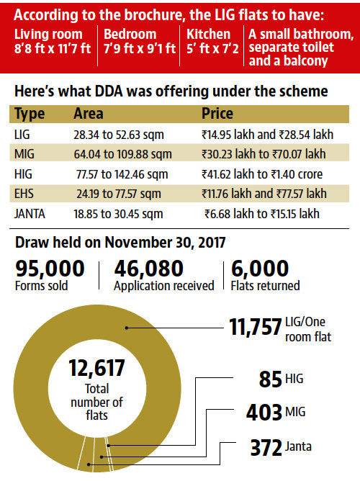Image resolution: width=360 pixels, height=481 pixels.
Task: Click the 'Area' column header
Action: click(89, 114)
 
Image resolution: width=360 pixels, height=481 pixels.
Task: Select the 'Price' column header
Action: click(217, 114)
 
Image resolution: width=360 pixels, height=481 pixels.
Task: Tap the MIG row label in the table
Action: click(24, 154)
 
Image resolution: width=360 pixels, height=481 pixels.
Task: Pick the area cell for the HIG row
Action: click(122, 174)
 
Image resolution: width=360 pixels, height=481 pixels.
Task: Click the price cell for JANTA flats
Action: click(262, 214)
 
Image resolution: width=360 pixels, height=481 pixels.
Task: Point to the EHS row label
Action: click(24, 194)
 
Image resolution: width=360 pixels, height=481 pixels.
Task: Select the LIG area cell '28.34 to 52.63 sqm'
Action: click(119, 135)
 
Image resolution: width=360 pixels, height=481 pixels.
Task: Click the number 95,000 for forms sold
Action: click(50, 269)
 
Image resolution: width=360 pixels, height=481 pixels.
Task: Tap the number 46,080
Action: click(149, 269)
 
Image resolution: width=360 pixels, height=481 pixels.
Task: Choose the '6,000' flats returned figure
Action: click(260, 269)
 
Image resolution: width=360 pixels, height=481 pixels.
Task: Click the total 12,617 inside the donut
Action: click(97, 368)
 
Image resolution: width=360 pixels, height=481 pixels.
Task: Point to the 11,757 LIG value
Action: click(255, 327)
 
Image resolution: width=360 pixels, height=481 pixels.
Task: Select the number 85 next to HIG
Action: click(270, 379)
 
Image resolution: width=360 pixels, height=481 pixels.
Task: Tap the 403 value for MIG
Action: click(264, 413)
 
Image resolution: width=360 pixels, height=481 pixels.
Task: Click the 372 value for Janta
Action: click(266, 448)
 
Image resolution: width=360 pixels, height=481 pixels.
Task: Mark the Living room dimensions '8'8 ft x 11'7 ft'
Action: click(53, 48)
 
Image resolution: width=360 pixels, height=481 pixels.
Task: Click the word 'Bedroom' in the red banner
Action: click(130, 34)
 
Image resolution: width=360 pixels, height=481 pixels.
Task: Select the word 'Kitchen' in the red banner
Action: click(208, 34)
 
